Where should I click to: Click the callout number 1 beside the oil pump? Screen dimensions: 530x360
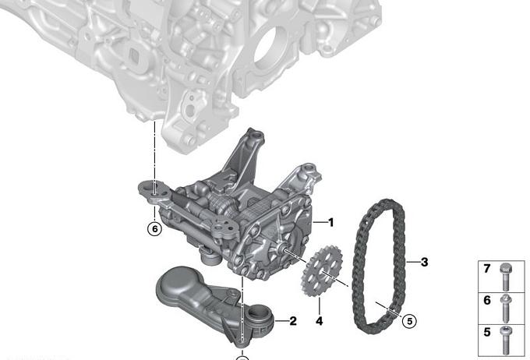click(x=331, y=222)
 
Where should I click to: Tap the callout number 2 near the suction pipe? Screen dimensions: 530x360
click(x=293, y=321)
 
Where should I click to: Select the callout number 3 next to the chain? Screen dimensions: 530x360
click(x=424, y=262)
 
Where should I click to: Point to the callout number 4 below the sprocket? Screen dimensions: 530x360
click(x=319, y=321)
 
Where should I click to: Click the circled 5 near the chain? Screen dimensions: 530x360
click(x=410, y=321)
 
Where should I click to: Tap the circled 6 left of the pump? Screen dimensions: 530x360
click(x=155, y=229)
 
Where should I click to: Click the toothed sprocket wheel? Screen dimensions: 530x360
click(x=321, y=271)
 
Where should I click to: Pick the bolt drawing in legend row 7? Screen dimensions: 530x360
click(x=506, y=277)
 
